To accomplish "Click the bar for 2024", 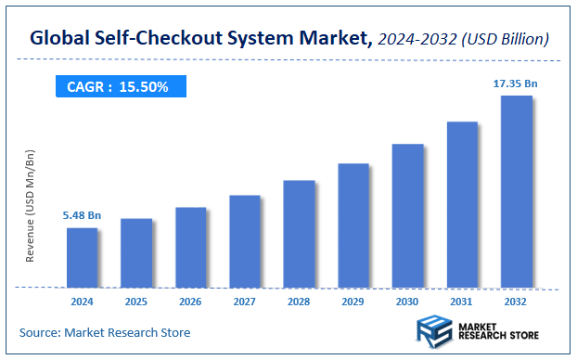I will (82, 257).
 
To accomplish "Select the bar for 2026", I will (190, 247).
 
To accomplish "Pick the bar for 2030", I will (407, 215).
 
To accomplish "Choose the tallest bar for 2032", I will (516, 191).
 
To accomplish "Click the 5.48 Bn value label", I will (82, 215).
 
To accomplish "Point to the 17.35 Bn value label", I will (516, 84).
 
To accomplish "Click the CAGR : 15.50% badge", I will (118, 86).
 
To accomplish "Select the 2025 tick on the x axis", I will (136, 302).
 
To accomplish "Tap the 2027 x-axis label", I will (245, 302).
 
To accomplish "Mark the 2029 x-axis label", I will (353, 302).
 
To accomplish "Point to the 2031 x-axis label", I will (462, 302).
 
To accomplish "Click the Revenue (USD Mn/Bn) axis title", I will (30, 205).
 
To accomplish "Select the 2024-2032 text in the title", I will (416, 39).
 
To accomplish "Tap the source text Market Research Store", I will (132, 331).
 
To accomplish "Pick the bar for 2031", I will (462, 204).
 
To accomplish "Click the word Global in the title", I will (58, 39).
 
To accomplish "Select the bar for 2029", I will (353, 225).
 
